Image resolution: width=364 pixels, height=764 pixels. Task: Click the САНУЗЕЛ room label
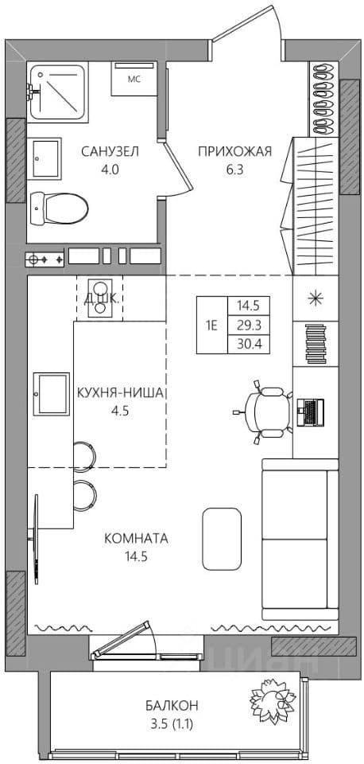[110, 152]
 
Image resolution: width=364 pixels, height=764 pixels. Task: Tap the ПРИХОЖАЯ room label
[234, 152]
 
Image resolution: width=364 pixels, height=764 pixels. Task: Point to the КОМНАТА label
[136, 539]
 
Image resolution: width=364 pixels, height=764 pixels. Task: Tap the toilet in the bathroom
[59, 208]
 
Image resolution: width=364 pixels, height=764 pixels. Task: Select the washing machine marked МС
[134, 79]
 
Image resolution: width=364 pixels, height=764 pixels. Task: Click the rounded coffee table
[222, 539]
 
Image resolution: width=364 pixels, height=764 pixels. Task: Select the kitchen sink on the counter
[51, 394]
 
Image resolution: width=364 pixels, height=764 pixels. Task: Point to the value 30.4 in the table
[248, 345]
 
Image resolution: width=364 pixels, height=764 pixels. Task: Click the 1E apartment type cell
[211, 325]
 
